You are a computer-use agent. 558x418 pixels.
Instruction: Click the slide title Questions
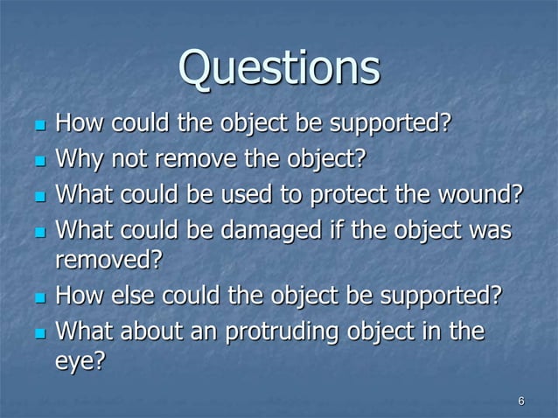coord(279,69)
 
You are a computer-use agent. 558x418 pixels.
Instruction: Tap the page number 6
coord(521,401)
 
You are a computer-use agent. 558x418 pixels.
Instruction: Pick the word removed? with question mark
coord(108,261)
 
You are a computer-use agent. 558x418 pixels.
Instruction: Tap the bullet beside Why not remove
coord(38,161)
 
